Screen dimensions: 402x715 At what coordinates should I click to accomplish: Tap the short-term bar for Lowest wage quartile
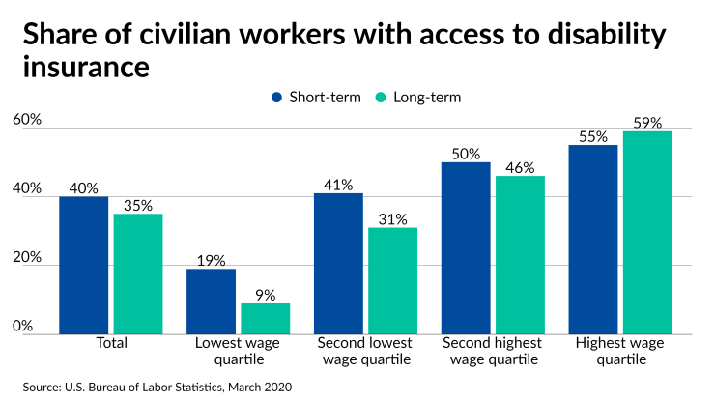212,301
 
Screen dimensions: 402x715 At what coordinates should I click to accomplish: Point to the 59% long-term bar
647,233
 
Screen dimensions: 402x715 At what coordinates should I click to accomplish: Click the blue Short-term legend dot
278,97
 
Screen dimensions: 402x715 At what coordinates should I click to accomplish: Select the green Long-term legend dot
381,97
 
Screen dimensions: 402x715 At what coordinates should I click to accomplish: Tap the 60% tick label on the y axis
26,120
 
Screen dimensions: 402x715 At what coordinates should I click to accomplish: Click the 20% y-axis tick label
26,258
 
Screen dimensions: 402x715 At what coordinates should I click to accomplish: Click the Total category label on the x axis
111,343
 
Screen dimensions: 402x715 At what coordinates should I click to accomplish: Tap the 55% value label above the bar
593,137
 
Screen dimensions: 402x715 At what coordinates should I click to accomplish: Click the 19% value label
212,261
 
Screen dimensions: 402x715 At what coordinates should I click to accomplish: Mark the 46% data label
520,168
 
